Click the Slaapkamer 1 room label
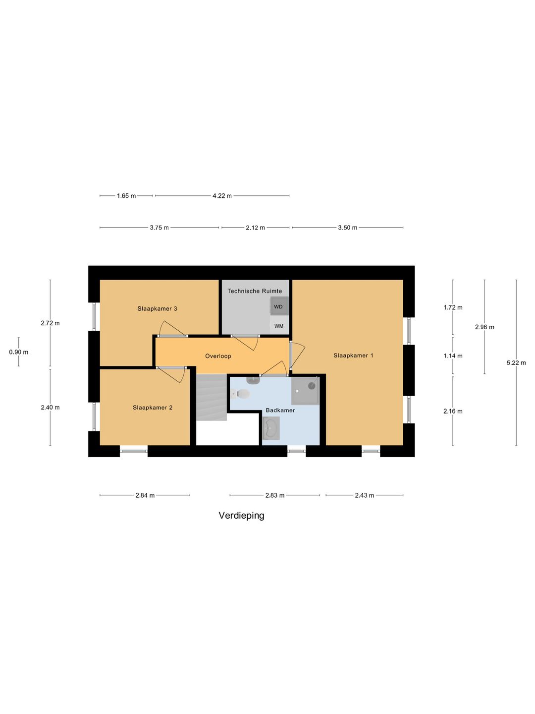(x=353, y=356)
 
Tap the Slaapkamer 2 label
(x=153, y=408)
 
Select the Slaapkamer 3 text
(x=157, y=309)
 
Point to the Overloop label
(x=218, y=356)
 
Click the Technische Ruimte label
(x=255, y=291)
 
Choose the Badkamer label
(x=280, y=410)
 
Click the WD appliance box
(x=279, y=306)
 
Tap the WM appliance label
(x=279, y=326)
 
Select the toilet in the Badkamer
(x=241, y=394)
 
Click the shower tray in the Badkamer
(x=305, y=391)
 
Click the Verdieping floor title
(x=241, y=516)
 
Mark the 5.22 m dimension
(x=516, y=363)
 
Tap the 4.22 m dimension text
(x=222, y=196)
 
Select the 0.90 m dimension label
(x=19, y=353)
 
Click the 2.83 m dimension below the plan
(x=274, y=495)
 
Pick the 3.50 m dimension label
(x=347, y=228)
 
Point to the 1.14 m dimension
(x=453, y=356)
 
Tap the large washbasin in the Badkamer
(x=271, y=428)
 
